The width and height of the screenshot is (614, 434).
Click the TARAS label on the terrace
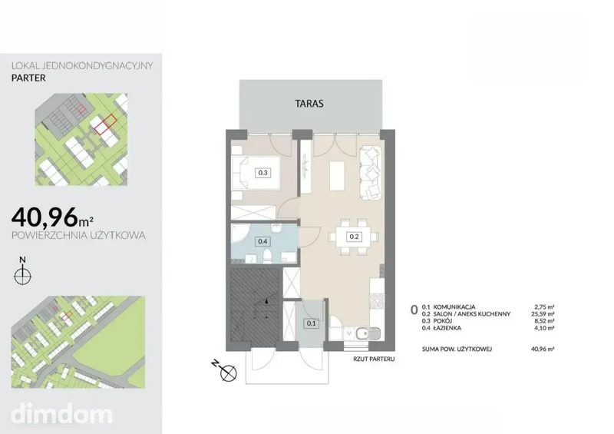(x=309, y=104)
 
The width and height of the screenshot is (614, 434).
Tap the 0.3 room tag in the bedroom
(x=262, y=173)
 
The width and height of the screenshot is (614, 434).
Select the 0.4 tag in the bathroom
(x=262, y=241)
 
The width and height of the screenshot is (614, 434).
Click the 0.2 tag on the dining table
(x=354, y=237)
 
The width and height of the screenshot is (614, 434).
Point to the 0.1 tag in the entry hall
(x=312, y=323)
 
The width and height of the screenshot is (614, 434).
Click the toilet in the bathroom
(x=268, y=257)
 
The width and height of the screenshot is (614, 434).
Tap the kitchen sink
(x=368, y=333)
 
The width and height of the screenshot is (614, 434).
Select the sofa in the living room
(x=371, y=173)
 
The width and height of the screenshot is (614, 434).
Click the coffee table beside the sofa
(x=337, y=176)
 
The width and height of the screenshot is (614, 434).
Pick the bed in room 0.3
(x=256, y=173)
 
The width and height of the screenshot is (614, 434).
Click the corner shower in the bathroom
(x=239, y=234)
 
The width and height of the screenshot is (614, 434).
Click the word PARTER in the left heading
(x=28, y=78)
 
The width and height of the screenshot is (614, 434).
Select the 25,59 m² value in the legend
(x=543, y=314)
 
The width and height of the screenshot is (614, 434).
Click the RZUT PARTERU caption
(x=374, y=359)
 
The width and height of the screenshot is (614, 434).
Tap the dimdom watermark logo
(x=61, y=413)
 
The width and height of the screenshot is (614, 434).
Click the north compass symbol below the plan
(x=225, y=370)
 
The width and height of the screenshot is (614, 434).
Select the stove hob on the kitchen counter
(x=378, y=300)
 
